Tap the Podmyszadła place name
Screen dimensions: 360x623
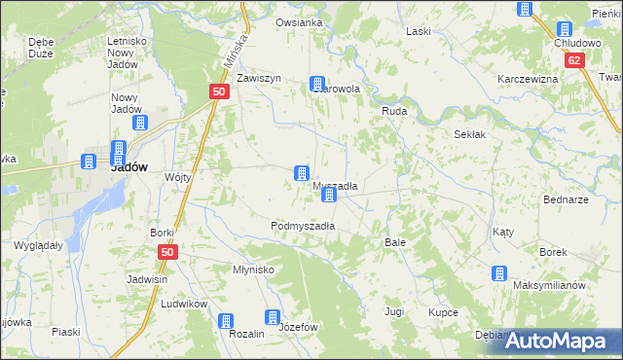tap(303, 225)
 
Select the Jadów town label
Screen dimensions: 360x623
tap(128, 166)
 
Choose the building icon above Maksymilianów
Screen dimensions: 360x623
tap(499, 274)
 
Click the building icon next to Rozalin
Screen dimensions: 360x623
tap(226, 321)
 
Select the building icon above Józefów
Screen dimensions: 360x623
tap(273, 316)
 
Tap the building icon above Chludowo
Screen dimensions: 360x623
tap(564, 30)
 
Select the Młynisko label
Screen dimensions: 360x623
tap(253, 270)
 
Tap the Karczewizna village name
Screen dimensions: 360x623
tap(527, 79)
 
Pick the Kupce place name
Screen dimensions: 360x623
tap(443, 312)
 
